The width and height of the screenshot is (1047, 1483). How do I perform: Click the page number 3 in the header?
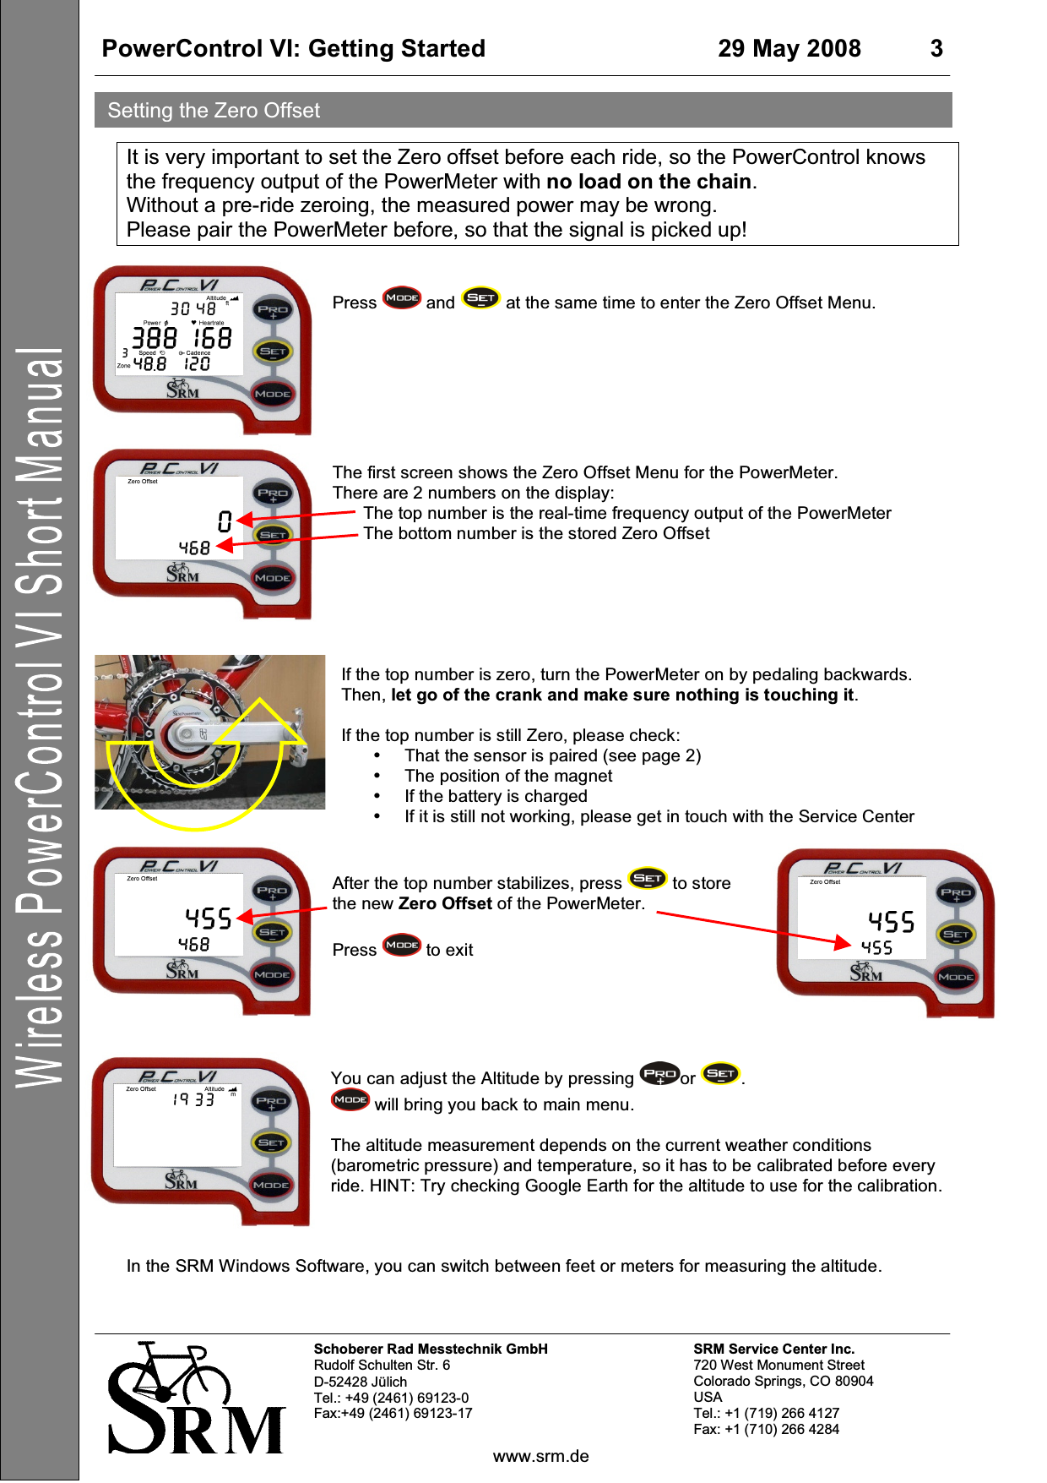click(x=936, y=49)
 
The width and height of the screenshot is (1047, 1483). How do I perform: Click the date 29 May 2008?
click(x=789, y=49)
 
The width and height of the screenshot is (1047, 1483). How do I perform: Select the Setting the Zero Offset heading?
click(x=214, y=111)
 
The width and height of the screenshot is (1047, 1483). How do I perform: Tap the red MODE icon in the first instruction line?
click(x=401, y=298)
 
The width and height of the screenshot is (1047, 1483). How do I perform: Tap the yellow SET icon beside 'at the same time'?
click(x=480, y=298)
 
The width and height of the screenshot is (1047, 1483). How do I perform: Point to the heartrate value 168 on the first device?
click(x=212, y=339)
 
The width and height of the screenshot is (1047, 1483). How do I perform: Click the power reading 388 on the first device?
click(x=155, y=339)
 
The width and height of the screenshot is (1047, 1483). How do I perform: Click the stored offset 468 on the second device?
click(x=194, y=548)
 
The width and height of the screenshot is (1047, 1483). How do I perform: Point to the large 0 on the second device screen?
click(x=224, y=521)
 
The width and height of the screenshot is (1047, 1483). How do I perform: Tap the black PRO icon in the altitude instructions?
click(x=659, y=1074)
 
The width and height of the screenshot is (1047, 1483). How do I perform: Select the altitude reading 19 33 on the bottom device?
click(x=193, y=1099)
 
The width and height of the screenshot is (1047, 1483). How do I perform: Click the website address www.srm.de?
click(x=540, y=1456)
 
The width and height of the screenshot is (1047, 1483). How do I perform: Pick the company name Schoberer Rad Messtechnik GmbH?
click(x=431, y=1349)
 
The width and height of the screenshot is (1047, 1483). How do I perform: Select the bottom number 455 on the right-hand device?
click(x=876, y=948)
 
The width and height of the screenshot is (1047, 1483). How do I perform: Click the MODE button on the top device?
click(x=273, y=394)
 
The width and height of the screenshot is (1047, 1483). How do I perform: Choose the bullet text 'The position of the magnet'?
click(x=508, y=776)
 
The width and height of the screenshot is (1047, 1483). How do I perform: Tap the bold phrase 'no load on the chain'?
click(x=648, y=182)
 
